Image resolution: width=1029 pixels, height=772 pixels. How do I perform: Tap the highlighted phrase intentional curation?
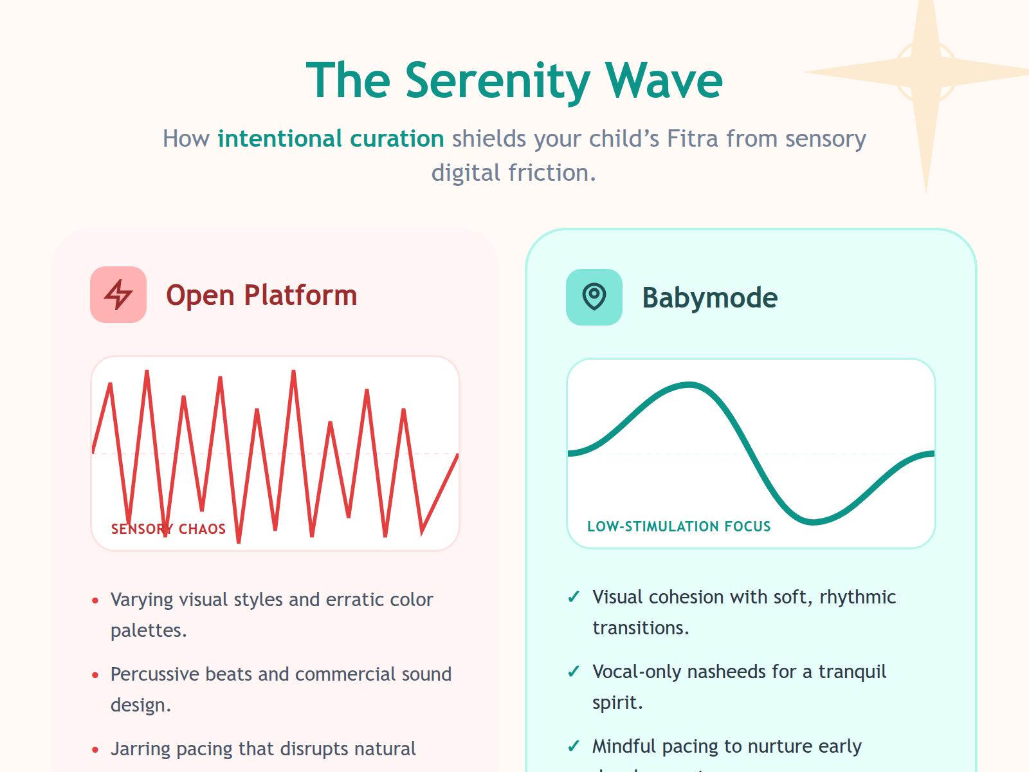pos(331,139)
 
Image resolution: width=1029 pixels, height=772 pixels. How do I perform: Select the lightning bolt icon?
pos(118,295)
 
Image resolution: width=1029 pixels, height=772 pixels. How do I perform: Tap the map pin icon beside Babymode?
pos(594,297)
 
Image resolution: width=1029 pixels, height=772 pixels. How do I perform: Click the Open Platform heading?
pos(261,295)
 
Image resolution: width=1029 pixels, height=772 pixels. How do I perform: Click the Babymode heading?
pos(709,298)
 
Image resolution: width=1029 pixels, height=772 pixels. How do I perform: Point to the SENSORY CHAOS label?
pos(168,529)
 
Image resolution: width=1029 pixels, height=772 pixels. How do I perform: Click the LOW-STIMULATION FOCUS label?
pos(678,526)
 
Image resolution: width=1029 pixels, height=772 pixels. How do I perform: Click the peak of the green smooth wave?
pos(689,385)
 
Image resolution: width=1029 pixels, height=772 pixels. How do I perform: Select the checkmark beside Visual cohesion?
pos(574,598)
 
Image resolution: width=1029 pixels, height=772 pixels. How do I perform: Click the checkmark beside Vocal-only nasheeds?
pos(574,672)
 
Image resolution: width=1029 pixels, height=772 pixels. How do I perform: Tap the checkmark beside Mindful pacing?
pos(574,747)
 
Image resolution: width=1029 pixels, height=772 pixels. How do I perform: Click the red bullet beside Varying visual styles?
pos(95,601)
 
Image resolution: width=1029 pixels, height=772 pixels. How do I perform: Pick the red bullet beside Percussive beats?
pos(95,675)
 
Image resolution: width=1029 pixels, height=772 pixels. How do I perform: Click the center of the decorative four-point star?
pos(926,71)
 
